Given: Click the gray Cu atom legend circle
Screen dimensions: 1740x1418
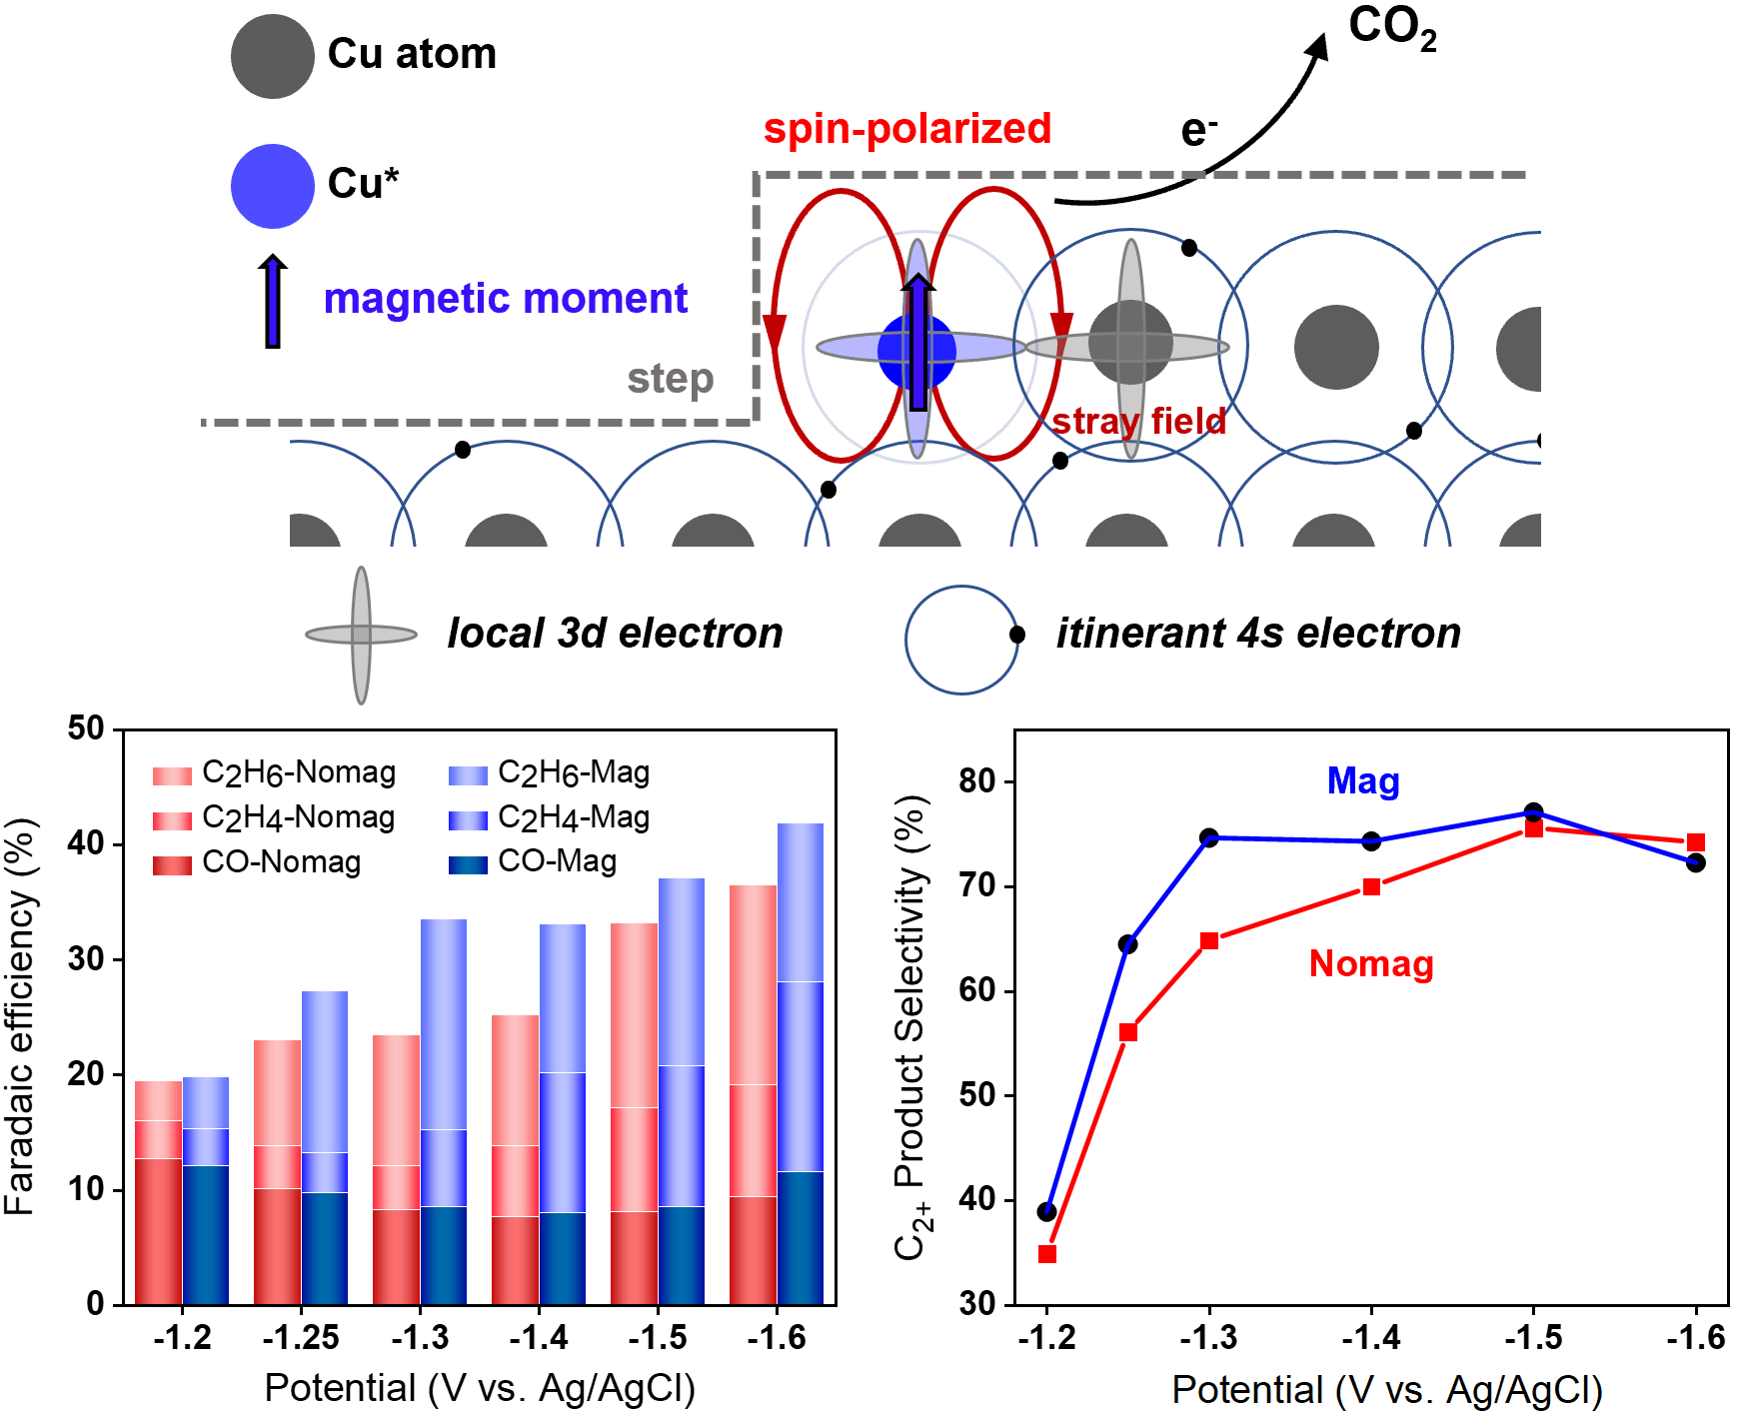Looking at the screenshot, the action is [273, 56].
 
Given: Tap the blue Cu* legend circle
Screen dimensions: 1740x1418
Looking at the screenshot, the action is [273, 186].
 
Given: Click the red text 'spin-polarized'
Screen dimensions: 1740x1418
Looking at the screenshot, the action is [907, 130].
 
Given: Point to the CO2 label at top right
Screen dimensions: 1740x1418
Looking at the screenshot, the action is [1392, 28].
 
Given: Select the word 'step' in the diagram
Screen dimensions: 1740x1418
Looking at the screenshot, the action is [671, 380].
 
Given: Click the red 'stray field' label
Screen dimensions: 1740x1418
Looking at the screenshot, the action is [1139, 421].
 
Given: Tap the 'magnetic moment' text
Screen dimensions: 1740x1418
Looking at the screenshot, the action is [506, 299].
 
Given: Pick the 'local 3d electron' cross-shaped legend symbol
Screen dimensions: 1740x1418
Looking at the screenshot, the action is [361, 635].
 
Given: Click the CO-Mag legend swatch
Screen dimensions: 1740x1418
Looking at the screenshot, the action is [468, 864].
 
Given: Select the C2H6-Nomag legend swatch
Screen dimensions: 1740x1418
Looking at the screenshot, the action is [172, 775].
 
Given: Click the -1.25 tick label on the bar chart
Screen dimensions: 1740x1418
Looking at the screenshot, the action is [301, 1337].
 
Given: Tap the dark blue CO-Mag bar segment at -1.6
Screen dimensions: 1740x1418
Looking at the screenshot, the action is [801, 1238].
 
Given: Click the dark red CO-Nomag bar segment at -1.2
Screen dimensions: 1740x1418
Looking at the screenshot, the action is [158, 1231].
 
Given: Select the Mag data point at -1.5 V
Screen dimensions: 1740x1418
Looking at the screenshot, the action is [1534, 812].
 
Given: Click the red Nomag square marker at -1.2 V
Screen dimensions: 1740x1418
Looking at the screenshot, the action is [1047, 1254].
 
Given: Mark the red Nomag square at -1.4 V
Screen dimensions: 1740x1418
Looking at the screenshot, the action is [1372, 887].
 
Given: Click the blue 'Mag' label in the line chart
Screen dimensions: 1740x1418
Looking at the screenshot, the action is [1363, 781].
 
